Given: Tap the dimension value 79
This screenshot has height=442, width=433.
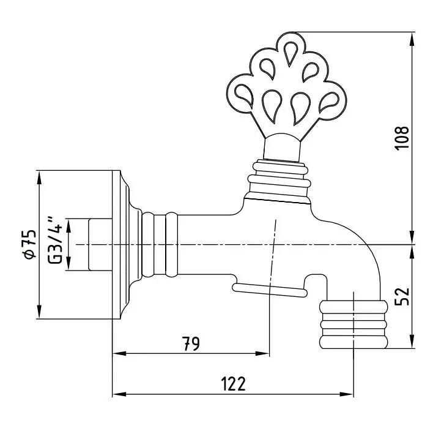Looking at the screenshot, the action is click(x=191, y=343).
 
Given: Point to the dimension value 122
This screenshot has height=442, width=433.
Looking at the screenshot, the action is click(x=234, y=384).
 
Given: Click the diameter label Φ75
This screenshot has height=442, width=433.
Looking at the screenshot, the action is click(x=30, y=244).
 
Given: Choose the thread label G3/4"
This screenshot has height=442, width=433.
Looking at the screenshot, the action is click(x=54, y=240).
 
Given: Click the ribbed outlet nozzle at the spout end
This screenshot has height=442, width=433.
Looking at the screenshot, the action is click(x=353, y=324).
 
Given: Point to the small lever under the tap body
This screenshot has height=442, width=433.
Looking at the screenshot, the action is click(x=270, y=290).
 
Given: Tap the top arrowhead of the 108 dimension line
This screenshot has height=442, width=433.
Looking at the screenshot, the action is click(x=412, y=39).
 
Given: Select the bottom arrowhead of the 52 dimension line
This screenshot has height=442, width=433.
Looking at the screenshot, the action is click(x=412, y=341).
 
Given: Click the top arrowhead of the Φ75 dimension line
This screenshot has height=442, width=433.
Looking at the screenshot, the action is click(x=39, y=178).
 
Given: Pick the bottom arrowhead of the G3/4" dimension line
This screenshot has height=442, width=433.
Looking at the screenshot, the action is click(x=68, y=264).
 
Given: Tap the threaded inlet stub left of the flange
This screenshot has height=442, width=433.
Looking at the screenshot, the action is click(x=100, y=244).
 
